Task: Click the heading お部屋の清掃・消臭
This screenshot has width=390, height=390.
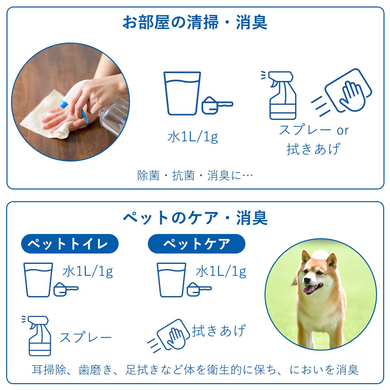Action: pos(195,22)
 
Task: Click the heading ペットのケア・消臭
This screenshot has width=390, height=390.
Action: pos(195,218)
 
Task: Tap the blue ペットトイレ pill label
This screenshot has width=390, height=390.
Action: pos(70,243)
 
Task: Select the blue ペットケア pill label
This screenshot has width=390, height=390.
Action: pos(196,243)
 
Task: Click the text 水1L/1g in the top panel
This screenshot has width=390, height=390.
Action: pos(192,137)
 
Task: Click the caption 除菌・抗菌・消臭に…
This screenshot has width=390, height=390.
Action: pos(195,176)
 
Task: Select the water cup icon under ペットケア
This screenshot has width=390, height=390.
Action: pos(171,279)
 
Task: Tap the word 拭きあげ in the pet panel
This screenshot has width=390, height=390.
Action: pos(218,331)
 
